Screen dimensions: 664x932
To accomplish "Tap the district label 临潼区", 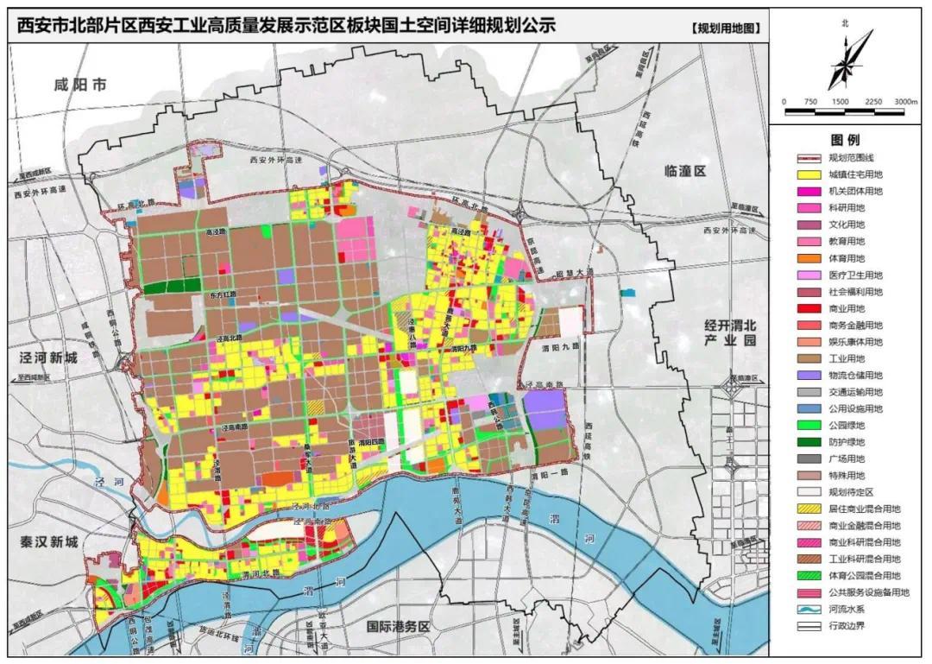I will tap(680, 171).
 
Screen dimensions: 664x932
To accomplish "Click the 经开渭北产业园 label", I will tap(730, 333).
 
